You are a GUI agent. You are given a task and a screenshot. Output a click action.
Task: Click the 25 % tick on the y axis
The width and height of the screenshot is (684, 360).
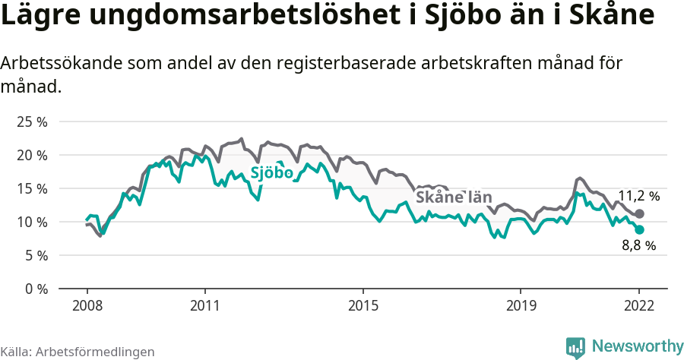(x=31, y=122)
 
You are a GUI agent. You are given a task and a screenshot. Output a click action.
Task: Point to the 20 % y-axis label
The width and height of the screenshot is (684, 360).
(x=31, y=155)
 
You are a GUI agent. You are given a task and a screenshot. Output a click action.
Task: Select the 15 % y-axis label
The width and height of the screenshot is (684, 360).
(x=31, y=188)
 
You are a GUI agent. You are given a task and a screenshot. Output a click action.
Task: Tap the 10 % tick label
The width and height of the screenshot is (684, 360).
(x=31, y=222)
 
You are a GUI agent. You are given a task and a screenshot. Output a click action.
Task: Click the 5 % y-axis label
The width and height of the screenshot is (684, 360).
(x=34, y=255)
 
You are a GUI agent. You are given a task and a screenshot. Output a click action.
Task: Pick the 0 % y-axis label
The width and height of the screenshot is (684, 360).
(x=34, y=289)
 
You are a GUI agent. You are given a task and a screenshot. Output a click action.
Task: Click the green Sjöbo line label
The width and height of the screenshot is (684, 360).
(x=271, y=172)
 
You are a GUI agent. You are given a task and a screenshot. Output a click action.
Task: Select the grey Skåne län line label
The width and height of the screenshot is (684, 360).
(x=453, y=197)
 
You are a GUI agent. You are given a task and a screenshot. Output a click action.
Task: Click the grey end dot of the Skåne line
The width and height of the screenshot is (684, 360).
(x=640, y=213)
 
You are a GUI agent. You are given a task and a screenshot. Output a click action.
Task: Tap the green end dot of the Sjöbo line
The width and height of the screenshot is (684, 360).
(x=640, y=229)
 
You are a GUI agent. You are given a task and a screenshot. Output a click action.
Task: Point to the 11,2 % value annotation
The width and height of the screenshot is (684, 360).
(x=638, y=196)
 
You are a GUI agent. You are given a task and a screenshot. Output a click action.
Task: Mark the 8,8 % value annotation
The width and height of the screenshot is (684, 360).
(x=638, y=245)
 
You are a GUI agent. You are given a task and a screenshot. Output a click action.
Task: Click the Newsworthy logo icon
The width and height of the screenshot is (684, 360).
(x=575, y=347)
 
